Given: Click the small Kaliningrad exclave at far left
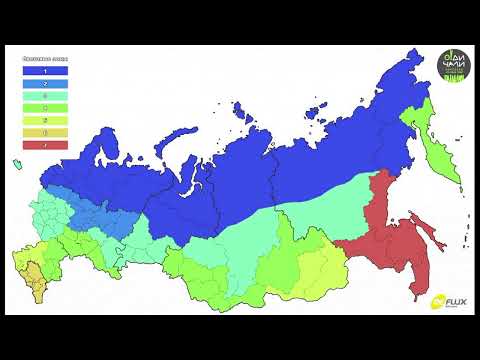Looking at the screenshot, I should (16, 161).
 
